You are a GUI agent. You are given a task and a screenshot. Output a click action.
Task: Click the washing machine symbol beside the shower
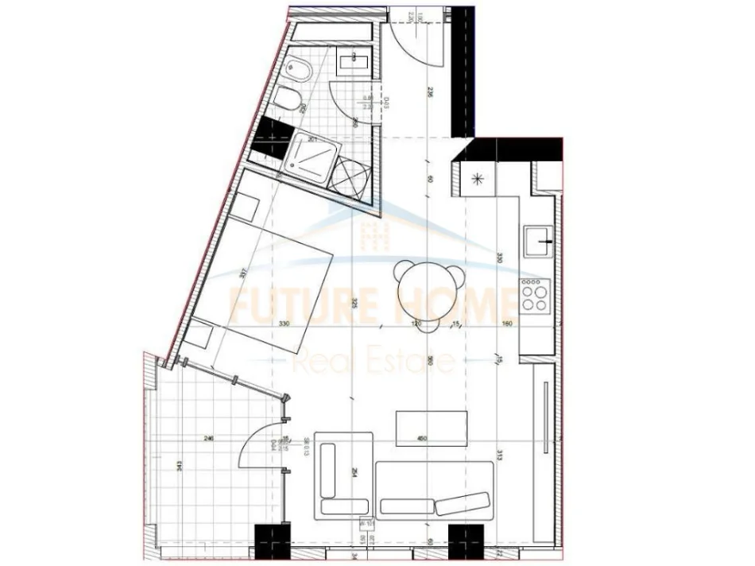[350, 175]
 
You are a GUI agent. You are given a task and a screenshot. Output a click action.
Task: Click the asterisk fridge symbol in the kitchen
[478, 178]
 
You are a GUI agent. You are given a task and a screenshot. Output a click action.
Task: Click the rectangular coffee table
[430, 428]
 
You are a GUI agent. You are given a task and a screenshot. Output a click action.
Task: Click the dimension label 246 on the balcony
[209, 438]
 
